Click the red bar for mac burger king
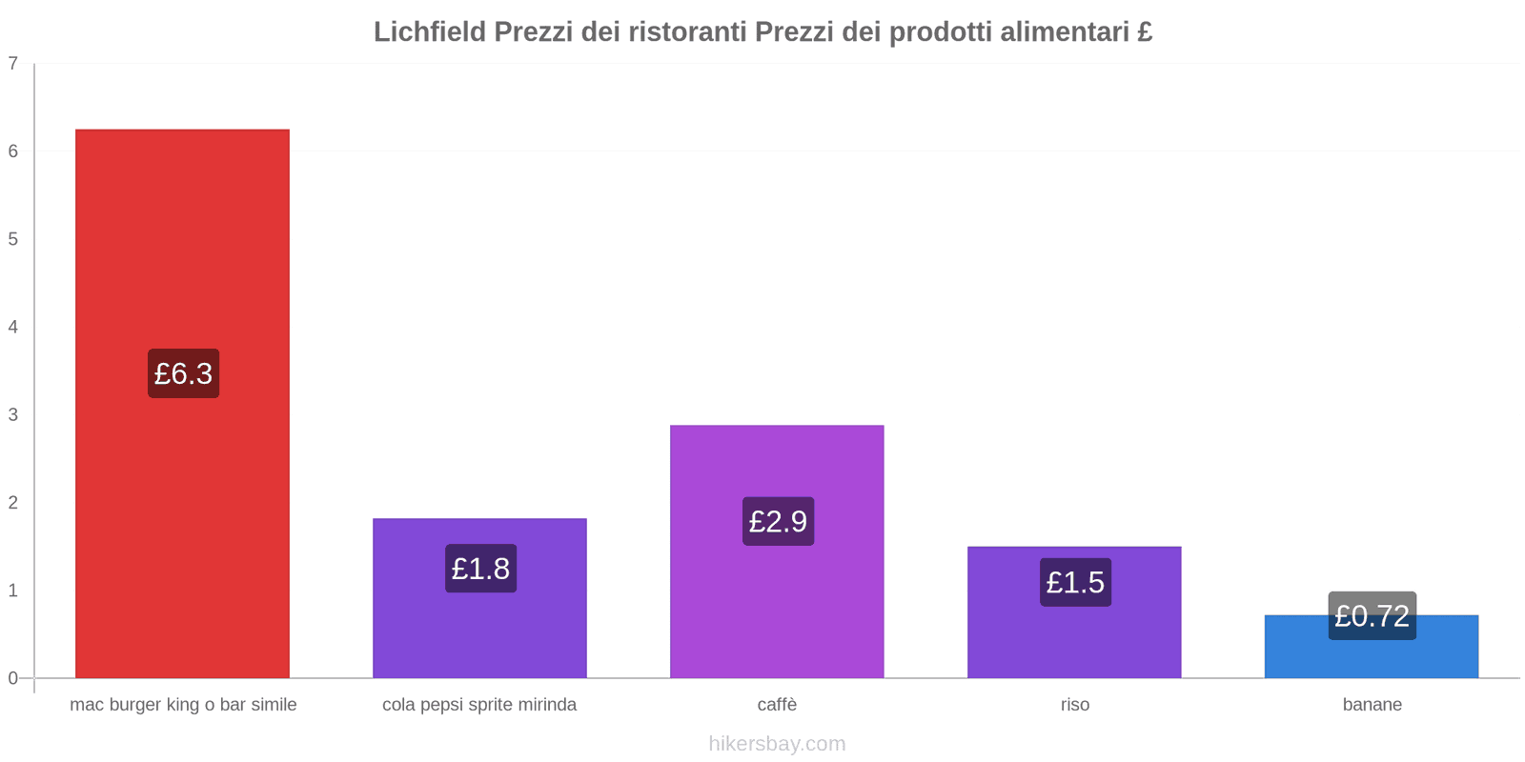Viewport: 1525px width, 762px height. (182, 238)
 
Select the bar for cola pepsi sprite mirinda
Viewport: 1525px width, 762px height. (479, 629)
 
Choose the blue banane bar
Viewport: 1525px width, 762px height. (1372, 657)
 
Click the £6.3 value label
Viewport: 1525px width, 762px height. (183, 373)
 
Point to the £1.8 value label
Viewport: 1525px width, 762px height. (480, 569)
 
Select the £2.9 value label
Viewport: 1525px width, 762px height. (778, 521)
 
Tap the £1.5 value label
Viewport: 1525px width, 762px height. (1075, 582)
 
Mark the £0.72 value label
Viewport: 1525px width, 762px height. (1372, 616)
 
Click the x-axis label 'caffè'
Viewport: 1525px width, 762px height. (777, 705)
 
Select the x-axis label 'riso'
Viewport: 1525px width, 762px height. (1074, 705)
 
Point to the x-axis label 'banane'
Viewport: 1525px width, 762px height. (1372, 705)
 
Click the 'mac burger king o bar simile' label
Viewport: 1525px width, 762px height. (183, 705)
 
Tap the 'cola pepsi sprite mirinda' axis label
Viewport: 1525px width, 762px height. (479, 705)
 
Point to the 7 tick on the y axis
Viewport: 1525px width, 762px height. (13, 64)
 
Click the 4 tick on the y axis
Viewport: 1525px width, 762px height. (13, 327)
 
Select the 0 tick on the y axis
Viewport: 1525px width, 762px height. (13, 678)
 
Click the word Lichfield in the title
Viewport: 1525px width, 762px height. (429, 32)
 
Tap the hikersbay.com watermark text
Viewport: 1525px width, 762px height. (777, 744)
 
